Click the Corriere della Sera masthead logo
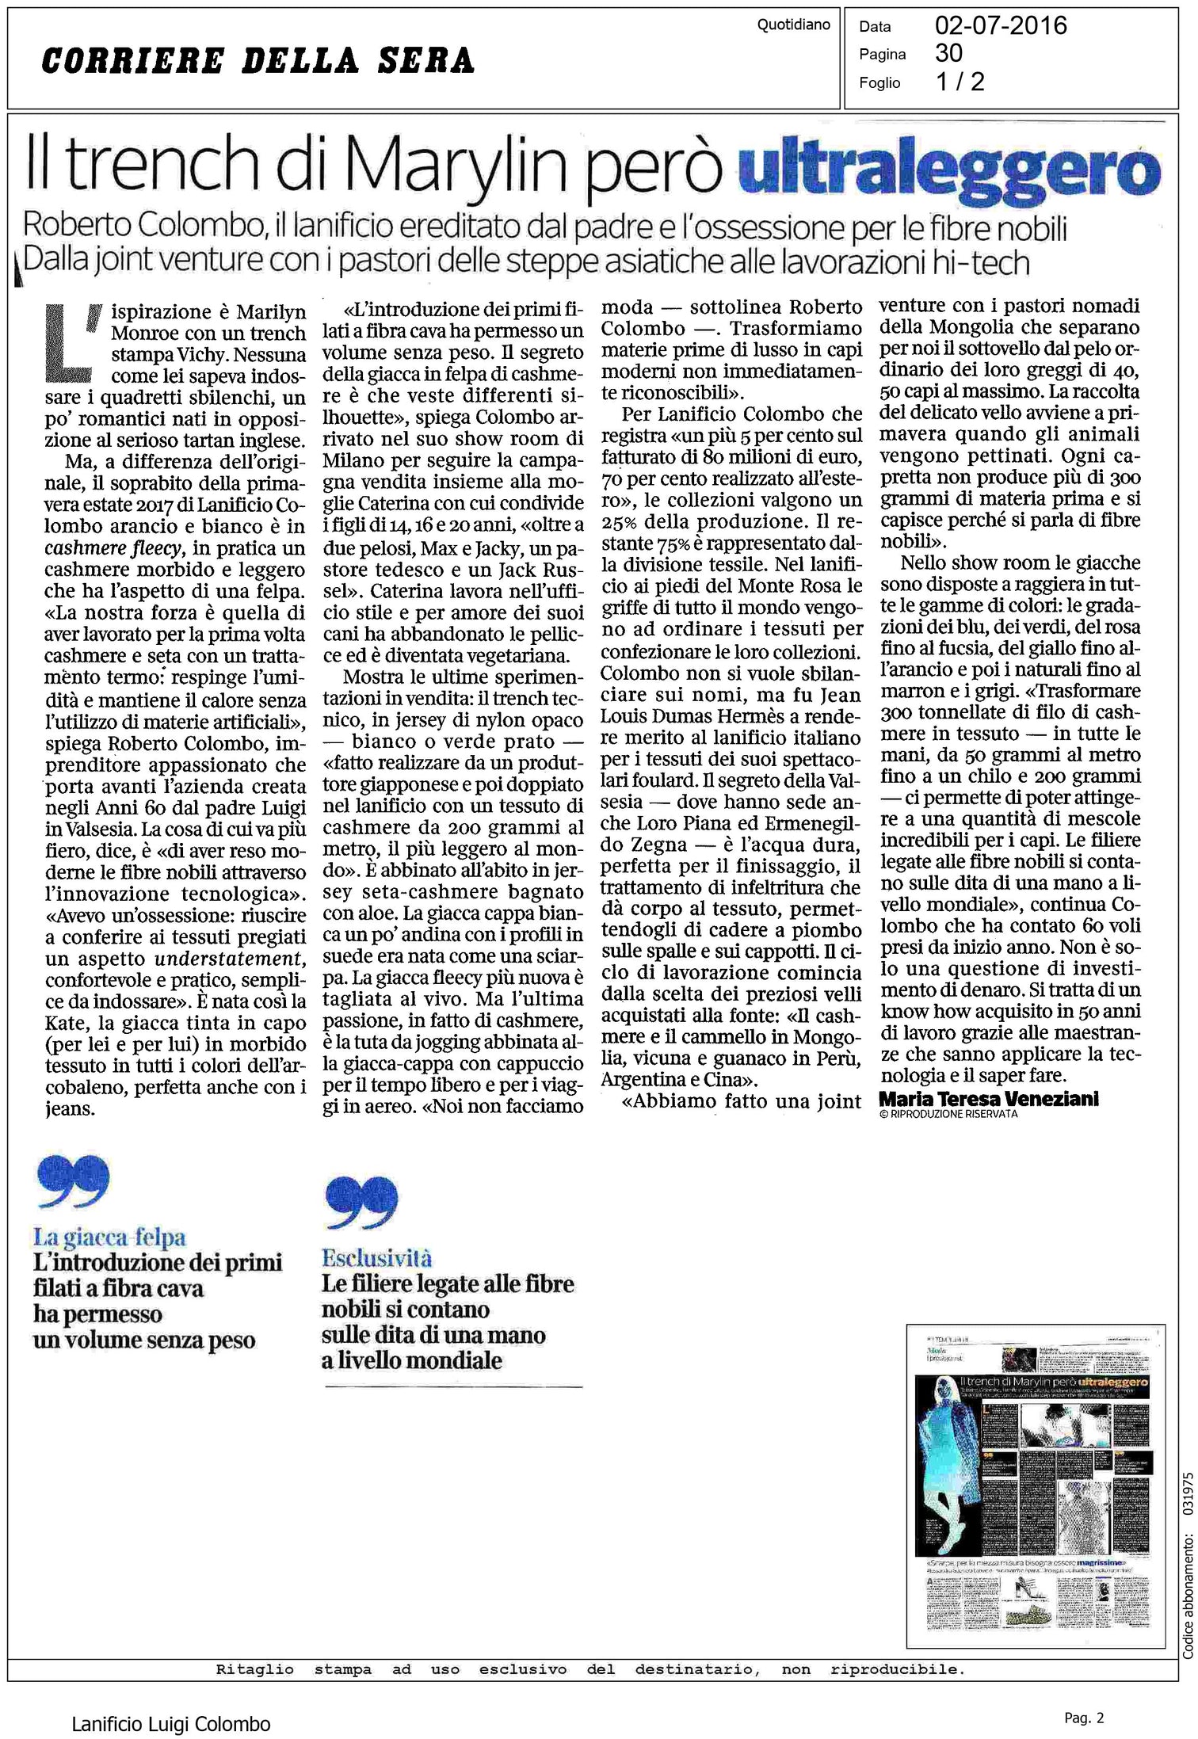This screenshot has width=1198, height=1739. click(x=258, y=61)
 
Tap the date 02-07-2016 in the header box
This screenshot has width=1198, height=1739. click(x=1001, y=26)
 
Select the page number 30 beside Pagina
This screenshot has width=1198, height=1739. click(x=948, y=53)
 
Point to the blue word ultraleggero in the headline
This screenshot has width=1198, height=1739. click(x=948, y=167)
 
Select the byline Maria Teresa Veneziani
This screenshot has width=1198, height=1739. click(x=988, y=1099)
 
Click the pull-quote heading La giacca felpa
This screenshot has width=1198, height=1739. click(x=109, y=1237)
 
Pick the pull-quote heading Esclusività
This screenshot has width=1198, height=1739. click(x=376, y=1258)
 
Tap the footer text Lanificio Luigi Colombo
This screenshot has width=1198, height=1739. click(x=171, y=1702)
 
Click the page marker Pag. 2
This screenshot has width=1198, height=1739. click(x=1083, y=1695)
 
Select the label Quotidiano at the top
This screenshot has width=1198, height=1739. click(x=793, y=25)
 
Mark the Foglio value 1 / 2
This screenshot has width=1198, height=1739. click(x=960, y=82)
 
